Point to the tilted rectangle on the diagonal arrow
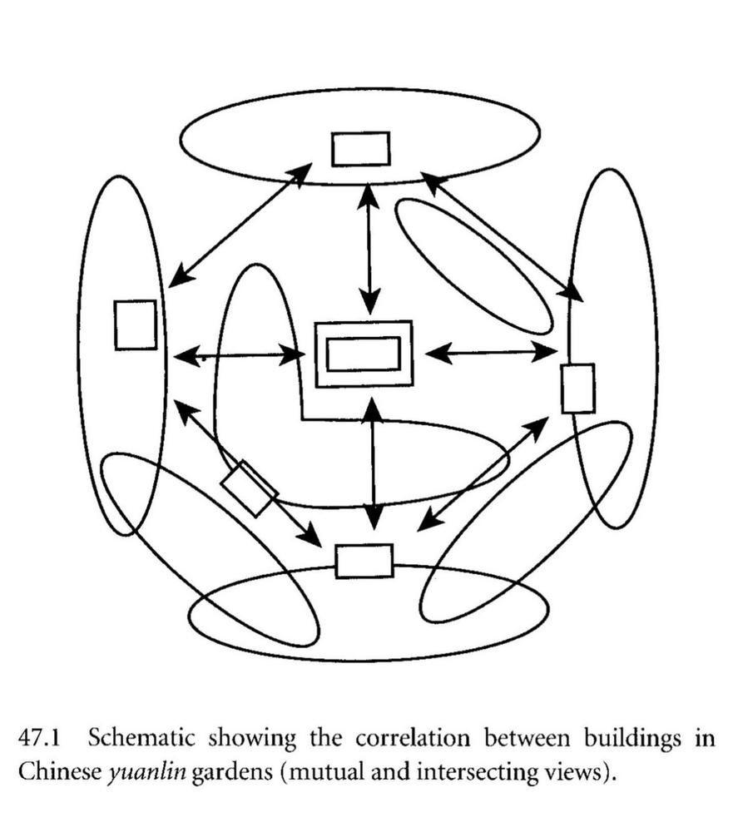pyautogui.click(x=250, y=488)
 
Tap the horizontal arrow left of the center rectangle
pyautogui.click(x=240, y=355)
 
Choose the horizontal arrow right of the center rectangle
pyautogui.click(x=492, y=352)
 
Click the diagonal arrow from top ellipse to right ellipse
pyautogui.click(x=502, y=236)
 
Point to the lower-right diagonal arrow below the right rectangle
pyautogui.click(x=483, y=473)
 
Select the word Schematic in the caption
pyautogui.click(x=141, y=738)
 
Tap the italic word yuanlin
pyautogui.click(x=147, y=772)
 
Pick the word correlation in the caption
pyautogui.click(x=413, y=738)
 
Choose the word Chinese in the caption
pyautogui.click(x=59, y=771)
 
